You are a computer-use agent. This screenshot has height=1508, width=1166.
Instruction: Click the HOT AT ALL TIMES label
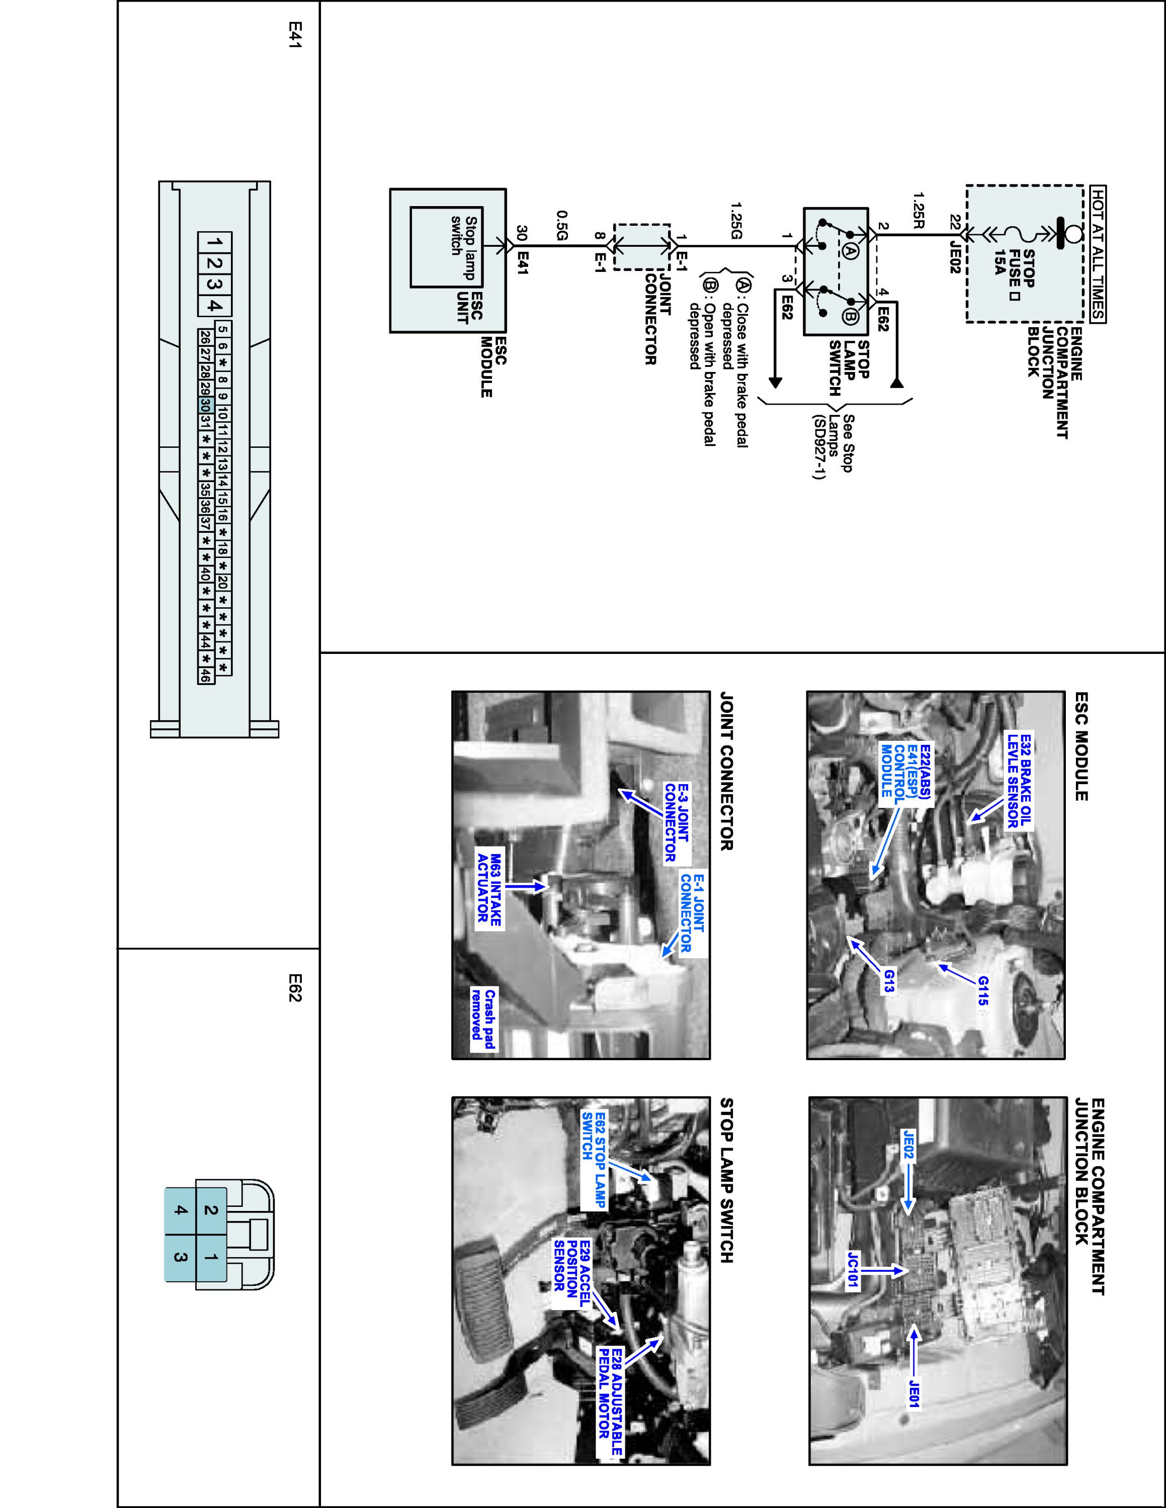(1097, 253)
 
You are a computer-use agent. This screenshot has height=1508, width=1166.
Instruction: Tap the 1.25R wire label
(918, 211)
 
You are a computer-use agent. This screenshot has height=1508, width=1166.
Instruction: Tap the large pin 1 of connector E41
(215, 243)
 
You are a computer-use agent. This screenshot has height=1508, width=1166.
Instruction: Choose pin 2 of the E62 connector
(211, 1210)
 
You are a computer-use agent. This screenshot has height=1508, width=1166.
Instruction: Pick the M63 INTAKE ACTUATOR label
(489, 887)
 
